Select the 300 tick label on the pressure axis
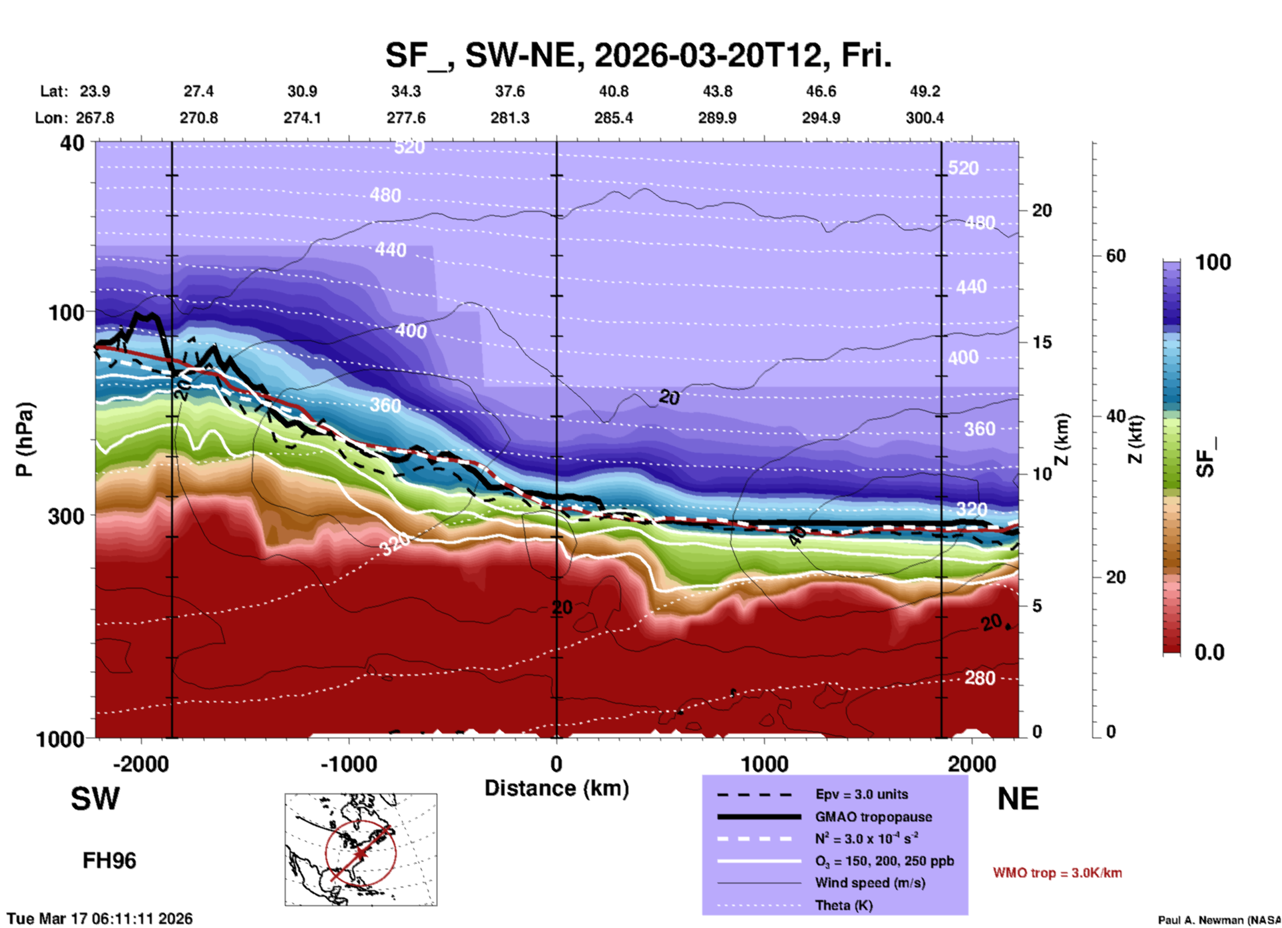(66, 516)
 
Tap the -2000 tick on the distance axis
(140, 764)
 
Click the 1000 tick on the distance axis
(764, 764)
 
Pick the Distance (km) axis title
(556, 788)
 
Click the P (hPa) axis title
(25, 439)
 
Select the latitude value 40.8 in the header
(613, 91)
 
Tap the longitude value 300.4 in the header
(924, 118)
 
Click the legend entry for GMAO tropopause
(873, 817)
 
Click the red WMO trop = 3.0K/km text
(1057, 873)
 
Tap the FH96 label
(109, 861)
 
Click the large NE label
(1018, 799)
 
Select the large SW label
(95, 799)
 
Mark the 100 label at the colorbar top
(1213, 262)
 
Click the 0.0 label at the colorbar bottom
(1209, 652)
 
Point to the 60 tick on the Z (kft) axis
(1116, 256)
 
